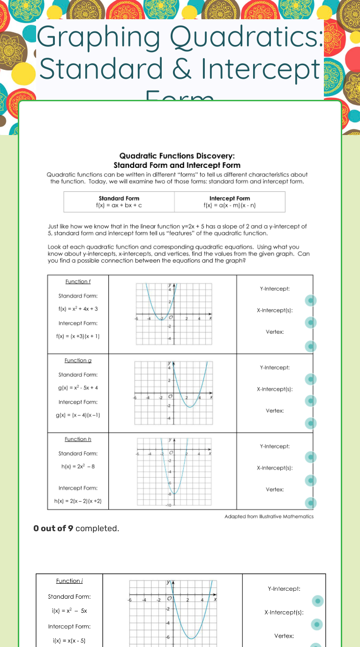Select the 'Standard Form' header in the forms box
(x=119, y=198)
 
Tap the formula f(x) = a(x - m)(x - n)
(x=229, y=205)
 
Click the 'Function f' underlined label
(x=78, y=281)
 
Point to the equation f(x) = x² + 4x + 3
(x=78, y=309)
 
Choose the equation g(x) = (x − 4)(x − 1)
(x=78, y=415)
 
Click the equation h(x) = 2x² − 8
(x=78, y=466)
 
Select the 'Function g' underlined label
(x=78, y=360)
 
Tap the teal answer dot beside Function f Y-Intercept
(x=310, y=300)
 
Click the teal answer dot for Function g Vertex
(x=310, y=423)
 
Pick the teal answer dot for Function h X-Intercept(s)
(x=310, y=481)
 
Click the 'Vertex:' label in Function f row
(x=275, y=332)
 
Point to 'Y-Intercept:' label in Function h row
(x=275, y=446)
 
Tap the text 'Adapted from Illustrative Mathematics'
(x=269, y=516)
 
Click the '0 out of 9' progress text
(x=53, y=528)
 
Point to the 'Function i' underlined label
(x=69, y=581)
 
